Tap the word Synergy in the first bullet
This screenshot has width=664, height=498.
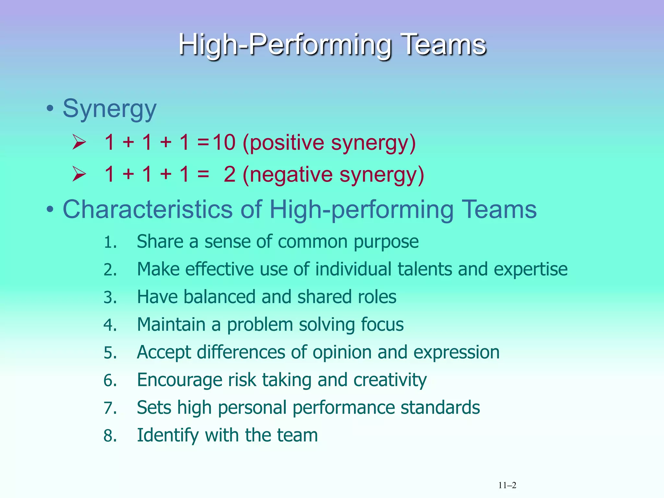[109, 109]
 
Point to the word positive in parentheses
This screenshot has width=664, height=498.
[287, 143]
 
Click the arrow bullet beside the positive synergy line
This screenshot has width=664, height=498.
[79, 142]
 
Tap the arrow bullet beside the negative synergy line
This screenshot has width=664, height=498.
[79, 174]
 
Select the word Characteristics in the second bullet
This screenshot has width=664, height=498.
[148, 209]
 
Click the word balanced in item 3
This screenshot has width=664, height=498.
[219, 297]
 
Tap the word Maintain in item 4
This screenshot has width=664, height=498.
[171, 325]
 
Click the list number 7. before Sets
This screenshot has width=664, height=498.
[110, 408]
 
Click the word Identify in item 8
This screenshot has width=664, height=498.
[168, 435]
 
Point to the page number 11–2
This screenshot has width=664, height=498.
[507, 485]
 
